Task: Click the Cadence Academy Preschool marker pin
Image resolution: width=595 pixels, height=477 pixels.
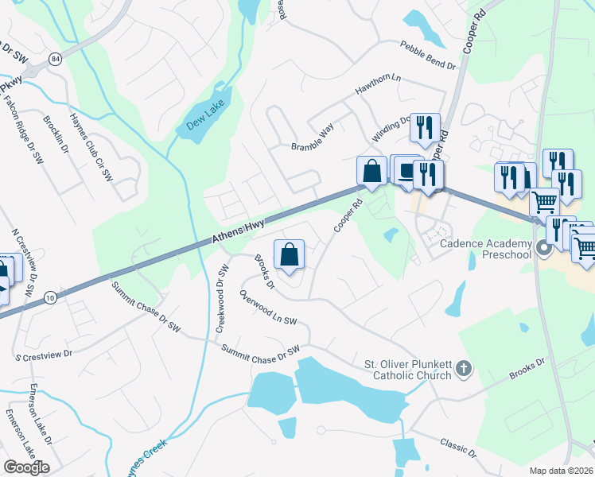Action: pyautogui.click(x=544, y=248)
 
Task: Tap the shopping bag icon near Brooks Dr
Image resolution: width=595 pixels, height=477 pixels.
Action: pyautogui.click(x=290, y=255)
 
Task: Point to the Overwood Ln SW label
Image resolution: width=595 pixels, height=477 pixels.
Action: pyautogui.click(x=268, y=308)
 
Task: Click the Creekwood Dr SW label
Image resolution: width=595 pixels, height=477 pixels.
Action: pyautogui.click(x=222, y=299)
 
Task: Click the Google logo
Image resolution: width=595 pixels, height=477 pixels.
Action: pyautogui.click(x=26, y=467)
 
